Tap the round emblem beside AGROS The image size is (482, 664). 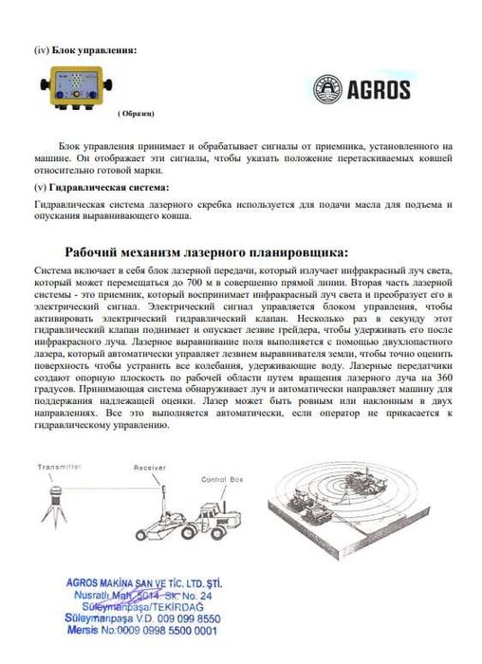[329, 90]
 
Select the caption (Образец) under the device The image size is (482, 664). [135, 114]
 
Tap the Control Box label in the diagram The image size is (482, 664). [220, 482]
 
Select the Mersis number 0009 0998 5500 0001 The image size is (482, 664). [154, 630]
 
